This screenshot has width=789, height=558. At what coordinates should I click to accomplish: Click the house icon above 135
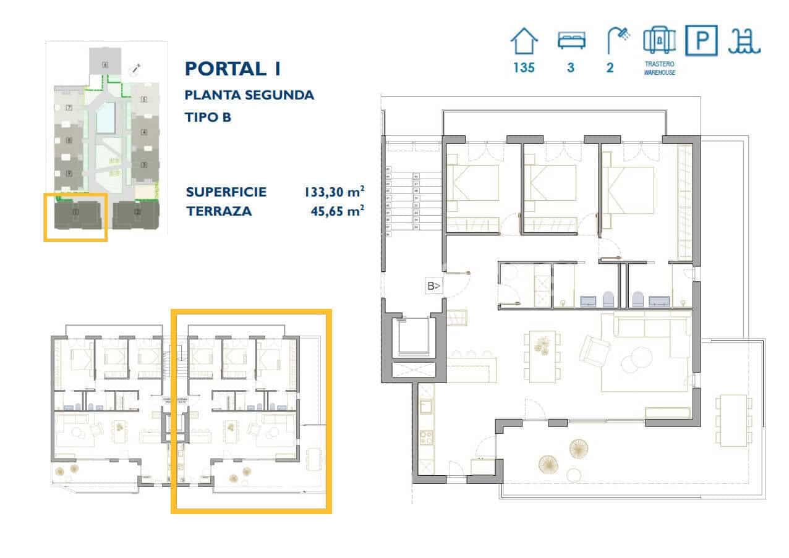pyautogui.click(x=524, y=42)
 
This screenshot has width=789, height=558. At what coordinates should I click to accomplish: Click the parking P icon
pyautogui.click(x=702, y=41)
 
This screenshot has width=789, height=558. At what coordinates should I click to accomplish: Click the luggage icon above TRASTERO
pyautogui.click(x=659, y=41)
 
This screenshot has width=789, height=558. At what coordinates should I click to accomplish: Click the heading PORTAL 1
pyautogui.click(x=233, y=69)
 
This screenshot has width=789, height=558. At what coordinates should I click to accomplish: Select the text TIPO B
pyautogui.click(x=208, y=117)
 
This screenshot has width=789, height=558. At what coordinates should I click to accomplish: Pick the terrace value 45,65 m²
pyautogui.click(x=336, y=211)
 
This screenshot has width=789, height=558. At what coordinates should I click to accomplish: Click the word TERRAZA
pyautogui.click(x=219, y=211)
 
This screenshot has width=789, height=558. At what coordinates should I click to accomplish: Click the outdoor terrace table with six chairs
pyautogui.click(x=733, y=420)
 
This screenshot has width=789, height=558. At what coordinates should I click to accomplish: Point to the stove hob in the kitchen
pyautogui.click(x=427, y=439)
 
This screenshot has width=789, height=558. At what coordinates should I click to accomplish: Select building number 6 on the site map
pyautogui.click(x=105, y=64)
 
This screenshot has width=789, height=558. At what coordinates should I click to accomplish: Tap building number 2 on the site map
pyautogui.click(x=137, y=213)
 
